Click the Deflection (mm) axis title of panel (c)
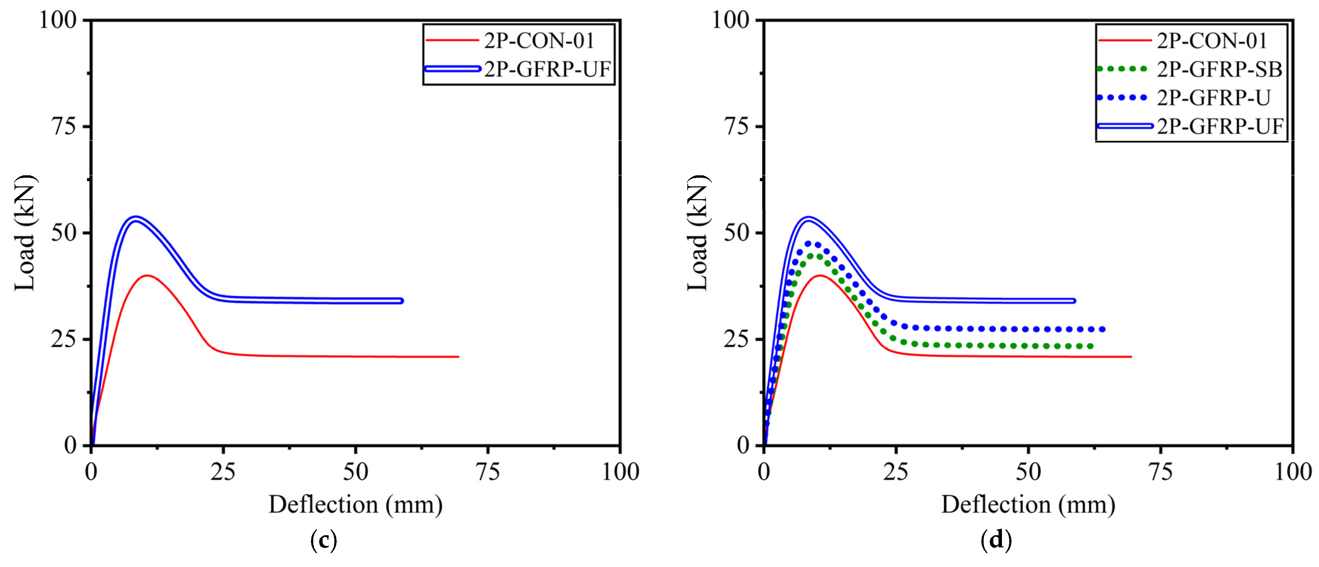(x=355, y=505)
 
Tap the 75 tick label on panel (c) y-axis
(x=65, y=126)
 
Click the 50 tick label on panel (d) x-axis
(x=1028, y=472)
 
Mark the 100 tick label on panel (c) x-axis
(x=620, y=472)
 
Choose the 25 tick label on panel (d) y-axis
(x=737, y=339)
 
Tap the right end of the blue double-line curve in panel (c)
(x=401, y=301)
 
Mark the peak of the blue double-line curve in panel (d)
(x=809, y=218)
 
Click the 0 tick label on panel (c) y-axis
(x=71, y=445)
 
